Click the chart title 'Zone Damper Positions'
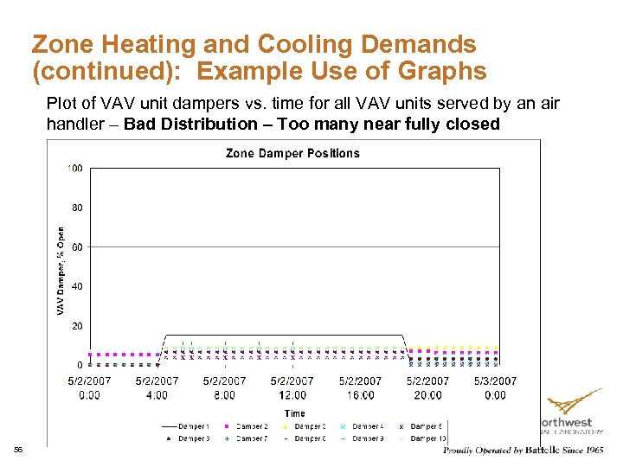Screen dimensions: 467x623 [x=292, y=153]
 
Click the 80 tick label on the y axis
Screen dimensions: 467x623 [x=76, y=208]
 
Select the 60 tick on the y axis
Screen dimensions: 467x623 [x=76, y=246]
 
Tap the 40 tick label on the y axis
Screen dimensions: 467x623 [x=76, y=286]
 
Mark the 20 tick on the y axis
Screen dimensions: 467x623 [x=76, y=326]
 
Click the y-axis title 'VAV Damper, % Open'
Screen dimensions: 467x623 [x=61, y=271]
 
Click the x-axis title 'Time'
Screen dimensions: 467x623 [x=294, y=413]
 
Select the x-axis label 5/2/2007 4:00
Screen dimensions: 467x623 [x=157, y=387]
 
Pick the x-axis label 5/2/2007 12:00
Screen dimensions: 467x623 [x=292, y=387]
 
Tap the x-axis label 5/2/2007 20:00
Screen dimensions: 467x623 [x=427, y=387]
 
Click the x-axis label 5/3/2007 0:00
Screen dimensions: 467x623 [x=495, y=387]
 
